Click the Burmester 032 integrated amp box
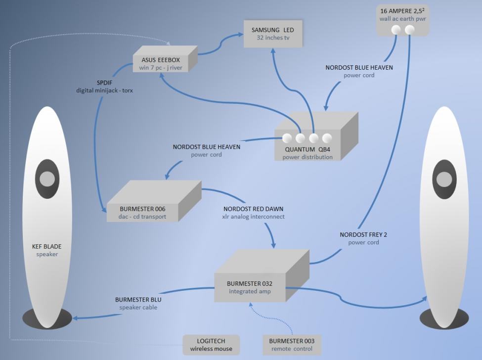[250, 287]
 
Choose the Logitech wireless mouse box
[211, 345]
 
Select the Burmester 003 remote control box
[292, 345]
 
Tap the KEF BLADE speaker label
[47, 250]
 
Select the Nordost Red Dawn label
[254, 213]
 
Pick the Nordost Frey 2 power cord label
[363, 238]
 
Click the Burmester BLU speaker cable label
[138, 303]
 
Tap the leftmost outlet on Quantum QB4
[287, 138]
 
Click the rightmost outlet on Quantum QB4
[326, 138]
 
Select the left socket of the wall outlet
[396, 30]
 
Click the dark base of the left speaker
[48, 318]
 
